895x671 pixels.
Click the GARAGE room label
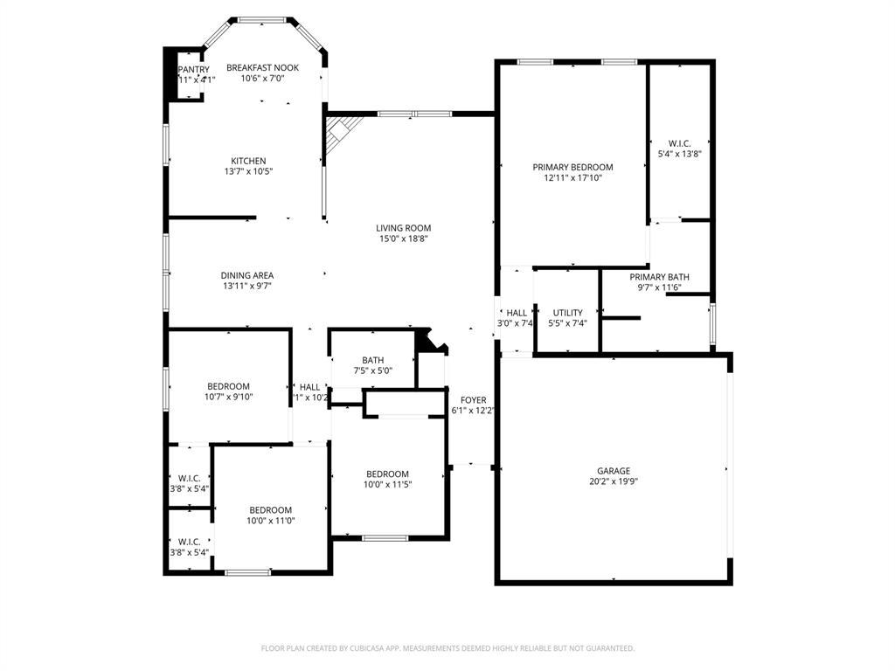point(614,470)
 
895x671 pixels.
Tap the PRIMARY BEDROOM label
point(572,167)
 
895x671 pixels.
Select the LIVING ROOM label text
point(404,228)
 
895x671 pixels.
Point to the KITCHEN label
point(248,161)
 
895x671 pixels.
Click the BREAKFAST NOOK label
point(262,67)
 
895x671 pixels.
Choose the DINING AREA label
point(246,275)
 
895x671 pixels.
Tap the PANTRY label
point(193,69)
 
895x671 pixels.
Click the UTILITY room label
point(567,312)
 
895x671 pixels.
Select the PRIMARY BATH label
point(659,277)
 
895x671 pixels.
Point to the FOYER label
point(474,400)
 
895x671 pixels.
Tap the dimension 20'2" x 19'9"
point(614,481)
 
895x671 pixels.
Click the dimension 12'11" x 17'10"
point(572,177)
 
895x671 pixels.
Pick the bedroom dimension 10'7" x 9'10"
point(228,397)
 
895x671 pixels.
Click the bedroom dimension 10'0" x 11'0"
point(270,521)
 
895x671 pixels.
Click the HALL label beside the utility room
point(517,312)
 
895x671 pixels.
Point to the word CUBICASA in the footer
point(361,648)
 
